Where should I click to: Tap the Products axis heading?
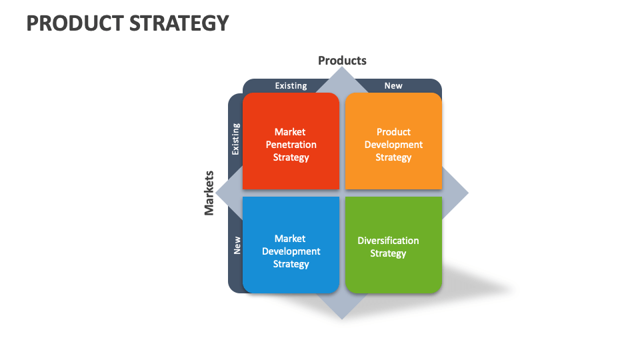tap(342, 61)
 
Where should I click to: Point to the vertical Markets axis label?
tap(209, 193)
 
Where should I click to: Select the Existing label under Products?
tap(291, 85)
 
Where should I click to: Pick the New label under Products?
tap(393, 85)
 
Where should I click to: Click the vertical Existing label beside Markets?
tap(235, 139)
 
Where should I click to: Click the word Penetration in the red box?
tap(291, 145)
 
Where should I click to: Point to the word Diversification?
tap(388, 241)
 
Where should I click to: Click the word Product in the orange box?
tap(393, 132)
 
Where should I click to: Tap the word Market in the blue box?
tap(291, 239)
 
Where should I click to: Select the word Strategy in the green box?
tap(388, 253)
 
